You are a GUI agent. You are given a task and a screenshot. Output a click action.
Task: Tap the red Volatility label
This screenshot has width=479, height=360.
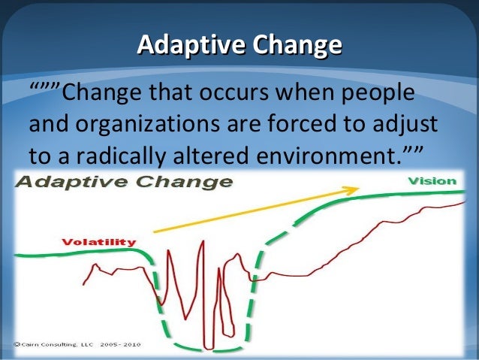[x=98, y=242]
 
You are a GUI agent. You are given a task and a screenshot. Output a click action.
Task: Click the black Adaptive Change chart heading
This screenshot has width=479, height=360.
[x=124, y=182]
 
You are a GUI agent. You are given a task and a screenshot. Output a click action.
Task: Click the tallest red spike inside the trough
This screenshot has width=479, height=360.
[x=201, y=248]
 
